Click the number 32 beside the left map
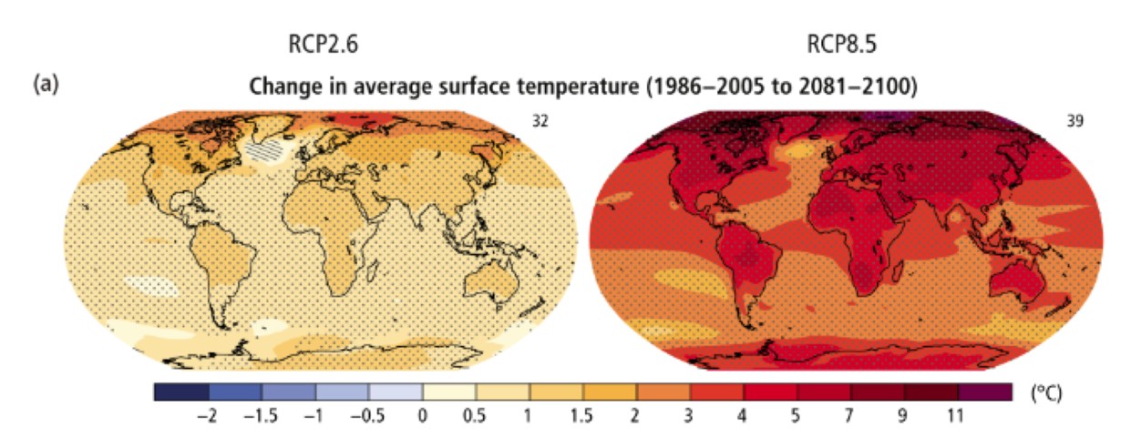point(540,120)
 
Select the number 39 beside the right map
point(1074,120)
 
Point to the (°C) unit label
point(1045,394)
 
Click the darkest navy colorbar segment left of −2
point(181,392)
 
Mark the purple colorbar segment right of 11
point(985,392)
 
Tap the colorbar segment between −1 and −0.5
point(343,392)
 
